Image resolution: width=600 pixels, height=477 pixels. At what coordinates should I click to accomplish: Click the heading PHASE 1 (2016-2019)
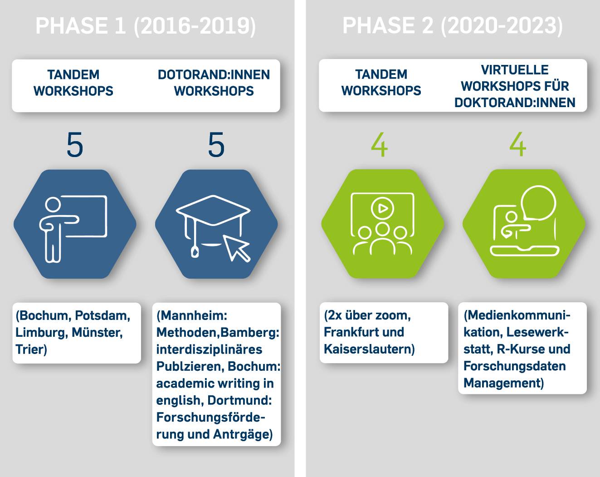(146, 26)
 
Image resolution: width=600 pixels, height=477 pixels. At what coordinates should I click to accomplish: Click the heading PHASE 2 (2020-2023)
(453, 26)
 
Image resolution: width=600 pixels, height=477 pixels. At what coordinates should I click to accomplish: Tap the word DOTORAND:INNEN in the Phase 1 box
(214, 75)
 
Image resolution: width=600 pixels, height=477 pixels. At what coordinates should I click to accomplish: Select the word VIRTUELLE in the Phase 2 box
(515, 70)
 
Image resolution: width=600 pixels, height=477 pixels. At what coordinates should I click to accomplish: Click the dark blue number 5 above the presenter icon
(75, 145)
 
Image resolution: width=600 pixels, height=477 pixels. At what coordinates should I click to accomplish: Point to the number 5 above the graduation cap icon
(216, 145)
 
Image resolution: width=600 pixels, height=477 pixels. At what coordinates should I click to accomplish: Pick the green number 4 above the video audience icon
(379, 145)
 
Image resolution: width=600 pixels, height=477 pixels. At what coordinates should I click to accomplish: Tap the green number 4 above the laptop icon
(518, 145)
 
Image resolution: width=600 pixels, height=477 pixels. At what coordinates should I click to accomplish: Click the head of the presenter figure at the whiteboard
(53, 205)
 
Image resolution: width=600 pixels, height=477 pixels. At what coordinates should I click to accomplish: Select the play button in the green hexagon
(382, 208)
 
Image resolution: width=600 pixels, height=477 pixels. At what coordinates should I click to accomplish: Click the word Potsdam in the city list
(102, 316)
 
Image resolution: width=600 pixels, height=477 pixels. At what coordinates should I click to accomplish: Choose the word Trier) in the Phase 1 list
(31, 349)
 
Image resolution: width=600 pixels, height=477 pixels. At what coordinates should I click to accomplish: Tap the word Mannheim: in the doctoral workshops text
(192, 316)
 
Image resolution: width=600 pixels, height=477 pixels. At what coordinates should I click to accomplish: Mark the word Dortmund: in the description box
(240, 400)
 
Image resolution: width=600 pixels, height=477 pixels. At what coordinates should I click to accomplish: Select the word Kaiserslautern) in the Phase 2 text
(370, 349)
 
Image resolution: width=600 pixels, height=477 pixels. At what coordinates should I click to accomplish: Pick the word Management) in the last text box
(504, 383)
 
